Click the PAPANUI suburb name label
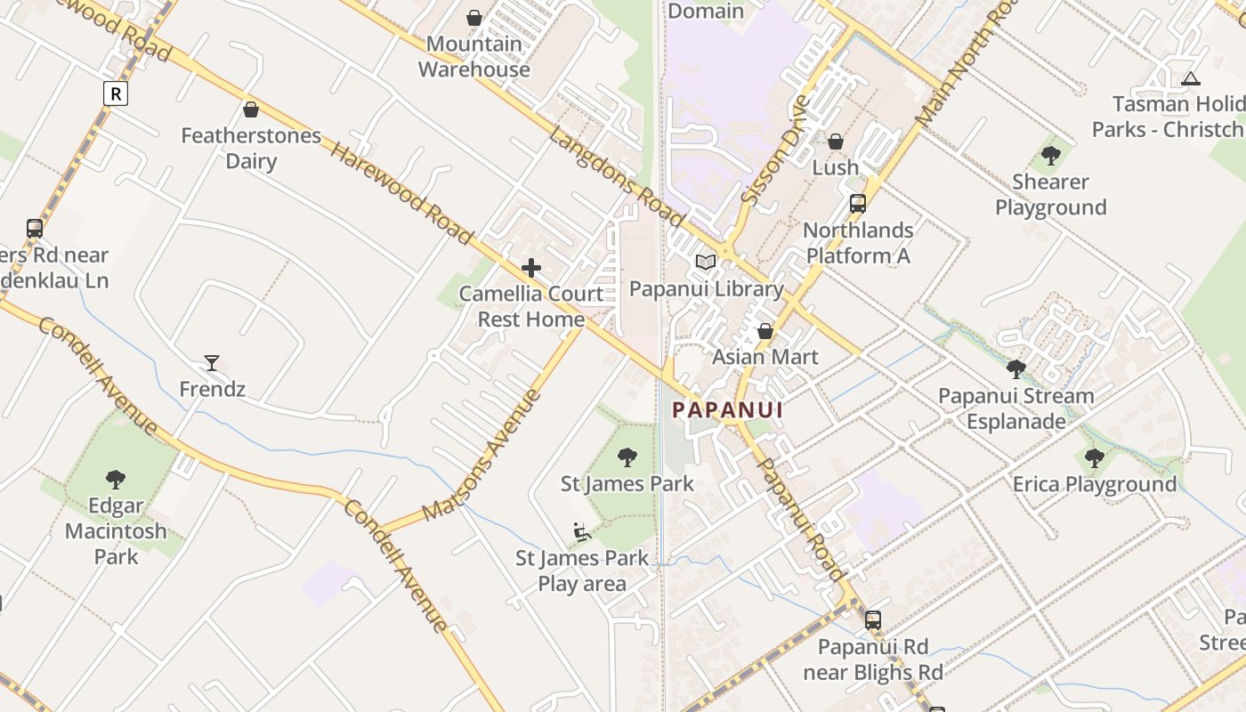(727, 410)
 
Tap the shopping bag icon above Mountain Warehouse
(474, 18)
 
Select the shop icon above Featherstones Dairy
(251, 109)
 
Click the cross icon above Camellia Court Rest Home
(531, 268)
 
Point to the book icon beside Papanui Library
(706, 262)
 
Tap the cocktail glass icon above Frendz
(212, 362)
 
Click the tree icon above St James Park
(627, 457)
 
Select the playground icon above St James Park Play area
(582, 532)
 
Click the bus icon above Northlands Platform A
(858, 203)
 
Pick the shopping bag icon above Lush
(836, 141)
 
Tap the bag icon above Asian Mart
(765, 331)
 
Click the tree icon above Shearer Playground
(1051, 156)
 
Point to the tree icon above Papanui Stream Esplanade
(1015, 369)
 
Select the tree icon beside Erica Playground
(1095, 458)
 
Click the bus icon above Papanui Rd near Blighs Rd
(873, 619)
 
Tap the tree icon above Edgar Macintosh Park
(116, 480)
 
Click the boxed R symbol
(116, 93)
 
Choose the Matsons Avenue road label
(481, 455)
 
